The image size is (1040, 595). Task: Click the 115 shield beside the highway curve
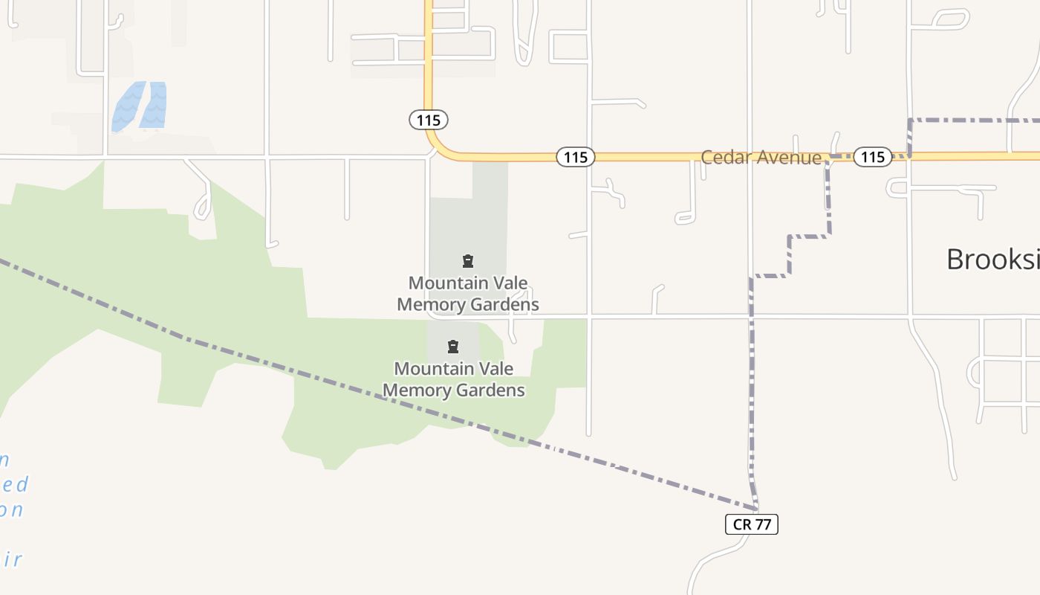(x=429, y=120)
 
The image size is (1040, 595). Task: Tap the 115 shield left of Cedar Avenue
(x=576, y=157)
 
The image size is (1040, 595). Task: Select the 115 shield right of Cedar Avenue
(x=872, y=157)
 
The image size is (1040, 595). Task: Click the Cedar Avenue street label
(x=761, y=158)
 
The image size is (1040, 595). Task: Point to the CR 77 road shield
(x=752, y=524)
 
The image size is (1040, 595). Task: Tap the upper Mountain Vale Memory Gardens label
(x=468, y=294)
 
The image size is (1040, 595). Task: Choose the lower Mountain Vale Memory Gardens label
(x=453, y=379)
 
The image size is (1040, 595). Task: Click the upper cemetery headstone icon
(x=468, y=261)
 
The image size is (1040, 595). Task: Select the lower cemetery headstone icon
(x=453, y=347)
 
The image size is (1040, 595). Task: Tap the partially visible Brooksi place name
(x=992, y=260)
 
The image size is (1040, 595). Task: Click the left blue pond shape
(x=127, y=107)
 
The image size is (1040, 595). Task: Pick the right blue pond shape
(x=155, y=105)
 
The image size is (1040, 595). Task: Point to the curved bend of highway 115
(x=438, y=145)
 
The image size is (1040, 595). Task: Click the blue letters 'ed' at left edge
(x=15, y=485)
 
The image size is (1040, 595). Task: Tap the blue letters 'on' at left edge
(x=13, y=510)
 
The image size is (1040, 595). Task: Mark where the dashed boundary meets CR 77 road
(x=755, y=508)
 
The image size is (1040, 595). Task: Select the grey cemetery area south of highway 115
(x=468, y=223)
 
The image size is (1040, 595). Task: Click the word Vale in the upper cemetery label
(x=510, y=283)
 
